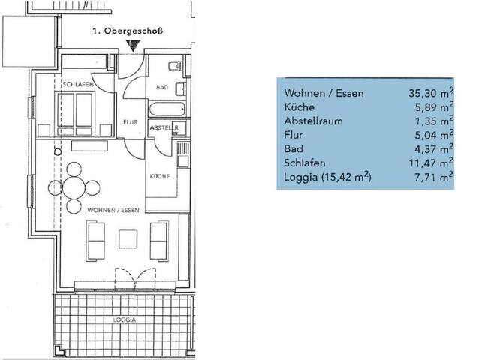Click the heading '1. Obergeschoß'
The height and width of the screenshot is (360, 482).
128,31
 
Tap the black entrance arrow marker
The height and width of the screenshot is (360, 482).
134,46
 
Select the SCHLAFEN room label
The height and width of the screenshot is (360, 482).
78,84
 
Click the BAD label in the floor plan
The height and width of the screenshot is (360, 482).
162,87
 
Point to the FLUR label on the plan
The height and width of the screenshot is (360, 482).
130,122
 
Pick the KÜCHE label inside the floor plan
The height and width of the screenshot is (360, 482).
160,176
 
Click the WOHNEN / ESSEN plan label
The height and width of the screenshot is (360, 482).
113,211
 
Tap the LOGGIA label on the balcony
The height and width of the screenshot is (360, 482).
125,319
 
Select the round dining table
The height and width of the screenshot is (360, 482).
74,187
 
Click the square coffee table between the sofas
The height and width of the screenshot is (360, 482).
128,238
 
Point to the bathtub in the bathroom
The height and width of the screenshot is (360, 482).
167,109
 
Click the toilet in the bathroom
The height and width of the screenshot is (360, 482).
175,66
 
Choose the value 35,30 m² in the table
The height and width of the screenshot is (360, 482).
431,92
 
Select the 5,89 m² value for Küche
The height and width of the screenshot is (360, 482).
434,106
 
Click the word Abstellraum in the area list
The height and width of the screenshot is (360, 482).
313,121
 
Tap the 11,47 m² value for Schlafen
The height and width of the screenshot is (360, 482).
431,163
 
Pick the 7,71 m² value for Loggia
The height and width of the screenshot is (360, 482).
434,176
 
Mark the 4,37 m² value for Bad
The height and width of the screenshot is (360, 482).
434,148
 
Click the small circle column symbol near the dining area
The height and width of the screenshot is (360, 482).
58,151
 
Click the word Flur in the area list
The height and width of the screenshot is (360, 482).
294,135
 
